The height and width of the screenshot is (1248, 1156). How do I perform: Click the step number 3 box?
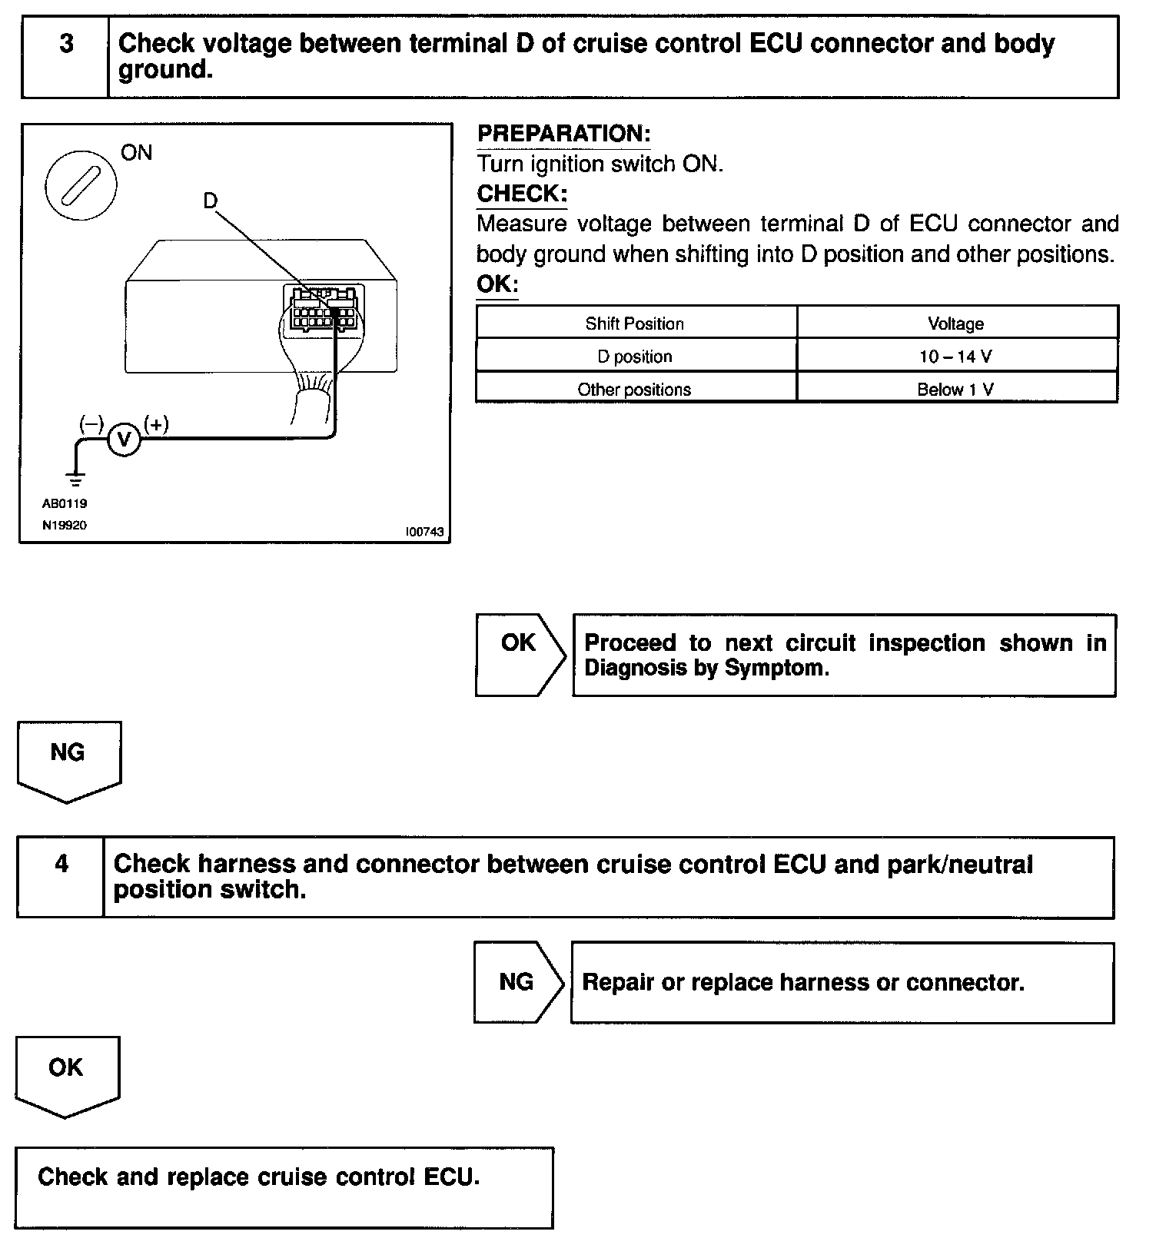(65, 57)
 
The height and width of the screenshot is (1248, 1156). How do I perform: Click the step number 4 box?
(61, 877)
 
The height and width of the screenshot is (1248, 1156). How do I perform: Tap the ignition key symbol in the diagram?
(81, 184)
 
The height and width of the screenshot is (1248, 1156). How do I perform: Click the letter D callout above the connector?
(210, 201)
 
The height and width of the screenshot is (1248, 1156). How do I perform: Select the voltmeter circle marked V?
(124, 440)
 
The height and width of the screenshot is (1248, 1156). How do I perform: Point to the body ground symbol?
(75, 480)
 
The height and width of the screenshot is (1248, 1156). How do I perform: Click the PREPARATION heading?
(563, 134)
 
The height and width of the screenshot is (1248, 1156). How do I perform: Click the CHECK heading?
(522, 194)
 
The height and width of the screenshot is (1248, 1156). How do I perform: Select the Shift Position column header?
(634, 324)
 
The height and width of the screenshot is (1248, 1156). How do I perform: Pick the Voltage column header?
(955, 324)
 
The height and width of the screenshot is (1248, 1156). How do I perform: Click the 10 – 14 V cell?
(955, 357)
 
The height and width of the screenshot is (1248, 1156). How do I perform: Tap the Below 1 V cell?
(955, 390)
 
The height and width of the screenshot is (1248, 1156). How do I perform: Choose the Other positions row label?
(634, 390)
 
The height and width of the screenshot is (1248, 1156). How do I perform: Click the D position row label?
(634, 357)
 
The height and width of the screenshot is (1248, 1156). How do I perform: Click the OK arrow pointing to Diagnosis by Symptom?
(519, 655)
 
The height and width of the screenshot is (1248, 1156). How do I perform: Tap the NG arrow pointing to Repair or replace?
(517, 982)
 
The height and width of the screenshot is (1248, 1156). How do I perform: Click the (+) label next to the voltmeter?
(157, 424)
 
